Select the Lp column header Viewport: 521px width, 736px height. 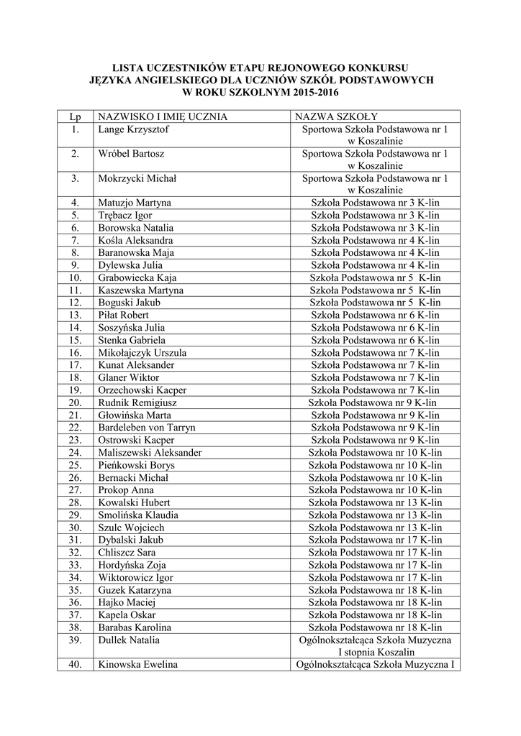coord(76,117)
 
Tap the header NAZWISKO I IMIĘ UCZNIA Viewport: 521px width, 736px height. coord(163,117)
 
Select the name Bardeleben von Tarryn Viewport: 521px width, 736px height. coord(147,428)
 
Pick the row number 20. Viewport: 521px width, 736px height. coord(76,403)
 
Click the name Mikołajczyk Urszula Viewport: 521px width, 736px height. coord(142,353)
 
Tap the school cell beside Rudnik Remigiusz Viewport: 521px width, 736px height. coord(373,403)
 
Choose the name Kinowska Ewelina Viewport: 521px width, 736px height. coord(138,665)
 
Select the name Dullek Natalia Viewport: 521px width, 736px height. coord(130,640)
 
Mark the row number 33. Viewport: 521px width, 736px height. coord(76,565)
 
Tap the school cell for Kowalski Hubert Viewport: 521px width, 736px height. coord(375,502)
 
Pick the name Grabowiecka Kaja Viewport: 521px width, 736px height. coord(137,278)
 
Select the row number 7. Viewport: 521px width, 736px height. coord(76,241)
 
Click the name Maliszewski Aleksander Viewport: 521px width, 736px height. coord(150,453)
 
